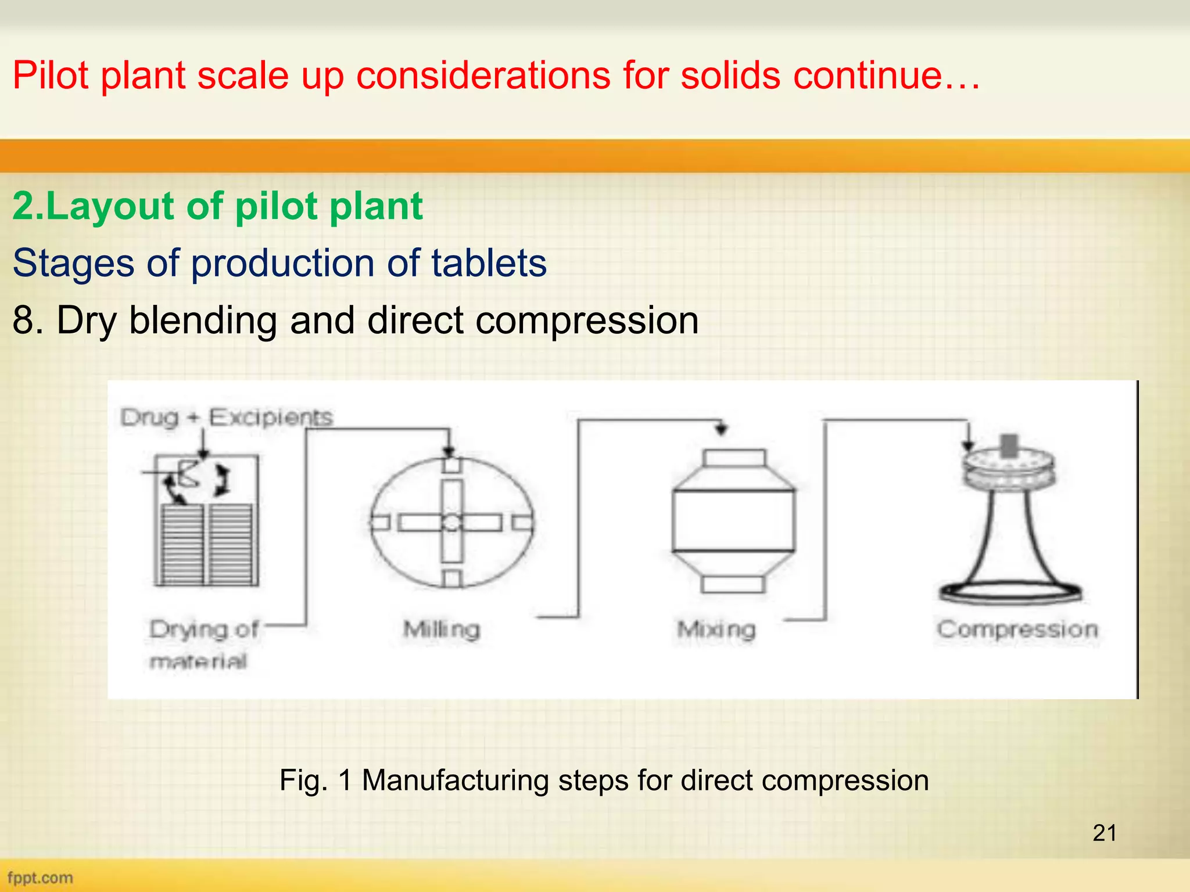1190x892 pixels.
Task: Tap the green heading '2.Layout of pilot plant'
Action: tap(217, 206)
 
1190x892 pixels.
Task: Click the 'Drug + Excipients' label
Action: tap(227, 417)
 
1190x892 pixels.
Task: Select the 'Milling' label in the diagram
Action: tap(442, 630)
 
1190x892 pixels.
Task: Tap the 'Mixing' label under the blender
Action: tap(716, 630)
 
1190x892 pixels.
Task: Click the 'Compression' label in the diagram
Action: tap(1017, 630)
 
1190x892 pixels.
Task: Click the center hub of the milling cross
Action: tap(451, 523)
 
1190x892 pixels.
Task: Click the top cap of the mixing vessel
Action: tap(733, 458)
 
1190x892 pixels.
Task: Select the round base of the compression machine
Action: tap(1010, 592)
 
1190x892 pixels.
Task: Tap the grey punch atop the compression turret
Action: tap(1009, 445)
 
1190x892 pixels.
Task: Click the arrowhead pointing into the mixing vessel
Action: tap(721, 430)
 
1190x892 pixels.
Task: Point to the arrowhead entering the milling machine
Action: tap(449, 452)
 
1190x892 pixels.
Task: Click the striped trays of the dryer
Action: tap(206, 544)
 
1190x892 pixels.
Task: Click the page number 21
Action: tap(1104, 833)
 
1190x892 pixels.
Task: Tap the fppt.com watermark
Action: tap(40, 877)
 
